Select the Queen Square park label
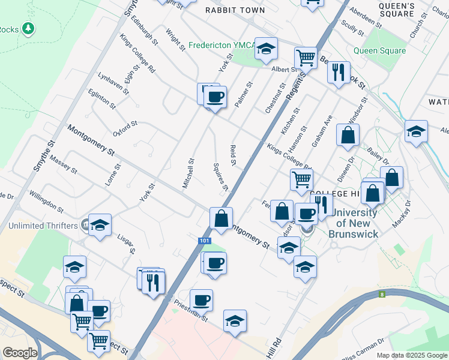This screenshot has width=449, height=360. point(379,51)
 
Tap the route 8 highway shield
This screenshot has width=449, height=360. point(382,294)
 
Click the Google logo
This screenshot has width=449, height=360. point(20,352)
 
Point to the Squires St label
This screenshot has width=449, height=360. point(221,177)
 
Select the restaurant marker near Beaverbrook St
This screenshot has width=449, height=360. point(339,73)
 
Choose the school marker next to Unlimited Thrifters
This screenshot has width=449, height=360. point(100,225)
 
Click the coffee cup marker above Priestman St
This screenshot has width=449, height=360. point(202,299)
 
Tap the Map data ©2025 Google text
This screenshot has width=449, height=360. point(411,355)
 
